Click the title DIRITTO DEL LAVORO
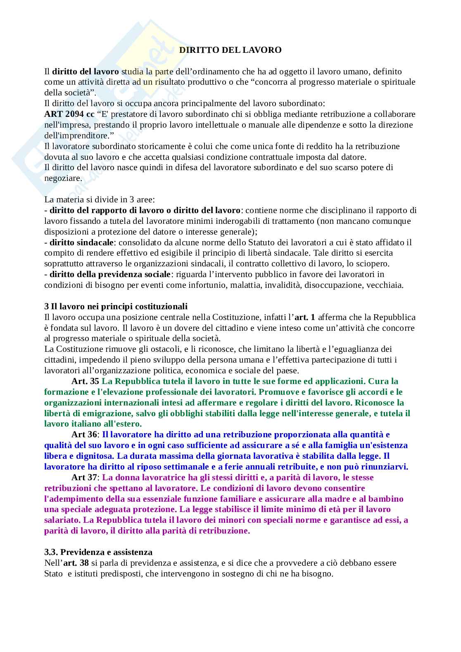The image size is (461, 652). pos(230,50)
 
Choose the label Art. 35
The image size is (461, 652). pos(85,381)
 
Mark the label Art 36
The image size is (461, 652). pos(84,434)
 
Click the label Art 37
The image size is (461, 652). pos(84,477)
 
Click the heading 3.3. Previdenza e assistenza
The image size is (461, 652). pos(98,552)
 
